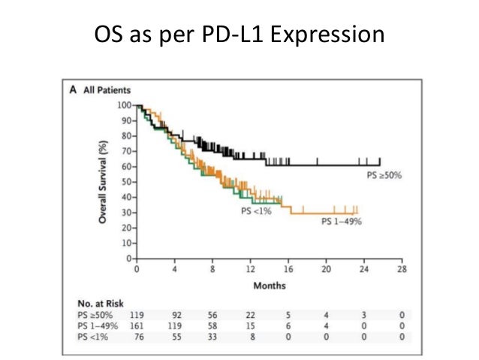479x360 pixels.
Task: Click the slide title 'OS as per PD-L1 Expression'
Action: tap(239, 35)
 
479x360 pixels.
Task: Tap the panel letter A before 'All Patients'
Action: tap(73, 90)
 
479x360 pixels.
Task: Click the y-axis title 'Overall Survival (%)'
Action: tap(106, 180)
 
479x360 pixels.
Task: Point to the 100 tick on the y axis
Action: tap(125, 105)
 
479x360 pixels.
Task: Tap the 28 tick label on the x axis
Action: tap(402, 268)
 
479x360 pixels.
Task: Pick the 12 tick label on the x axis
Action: tap(250, 268)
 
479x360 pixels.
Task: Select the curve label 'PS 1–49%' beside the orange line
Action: tap(342, 221)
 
